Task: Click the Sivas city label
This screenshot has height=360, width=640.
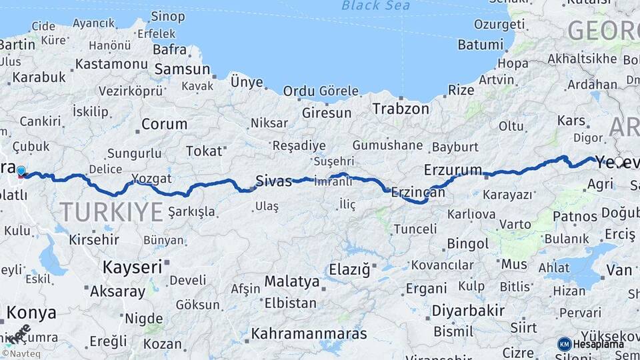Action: click(274, 180)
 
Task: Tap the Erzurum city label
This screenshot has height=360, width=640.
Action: click(453, 169)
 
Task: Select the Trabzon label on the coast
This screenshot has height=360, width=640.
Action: click(401, 109)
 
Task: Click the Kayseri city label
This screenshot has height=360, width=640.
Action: click(132, 267)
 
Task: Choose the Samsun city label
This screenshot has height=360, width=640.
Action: click(182, 69)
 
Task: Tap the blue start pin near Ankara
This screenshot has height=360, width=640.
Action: click(21, 171)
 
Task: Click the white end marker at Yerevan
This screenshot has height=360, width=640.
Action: click(619, 162)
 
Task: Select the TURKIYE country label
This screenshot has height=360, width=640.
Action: click(111, 212)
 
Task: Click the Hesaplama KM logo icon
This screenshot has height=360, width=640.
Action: click(564, 344)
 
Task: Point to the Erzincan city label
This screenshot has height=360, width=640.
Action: click(418, 192)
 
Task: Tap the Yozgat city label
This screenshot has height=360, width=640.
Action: click(152, 179)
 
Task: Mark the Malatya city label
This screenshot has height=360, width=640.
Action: click(292, 281)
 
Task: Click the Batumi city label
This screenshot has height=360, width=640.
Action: click(480, 45)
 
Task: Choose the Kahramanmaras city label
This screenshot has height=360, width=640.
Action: click(309, 333)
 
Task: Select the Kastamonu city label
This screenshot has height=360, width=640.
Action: click(111, 64)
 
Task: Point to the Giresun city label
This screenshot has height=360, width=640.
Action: click(326, 113)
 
